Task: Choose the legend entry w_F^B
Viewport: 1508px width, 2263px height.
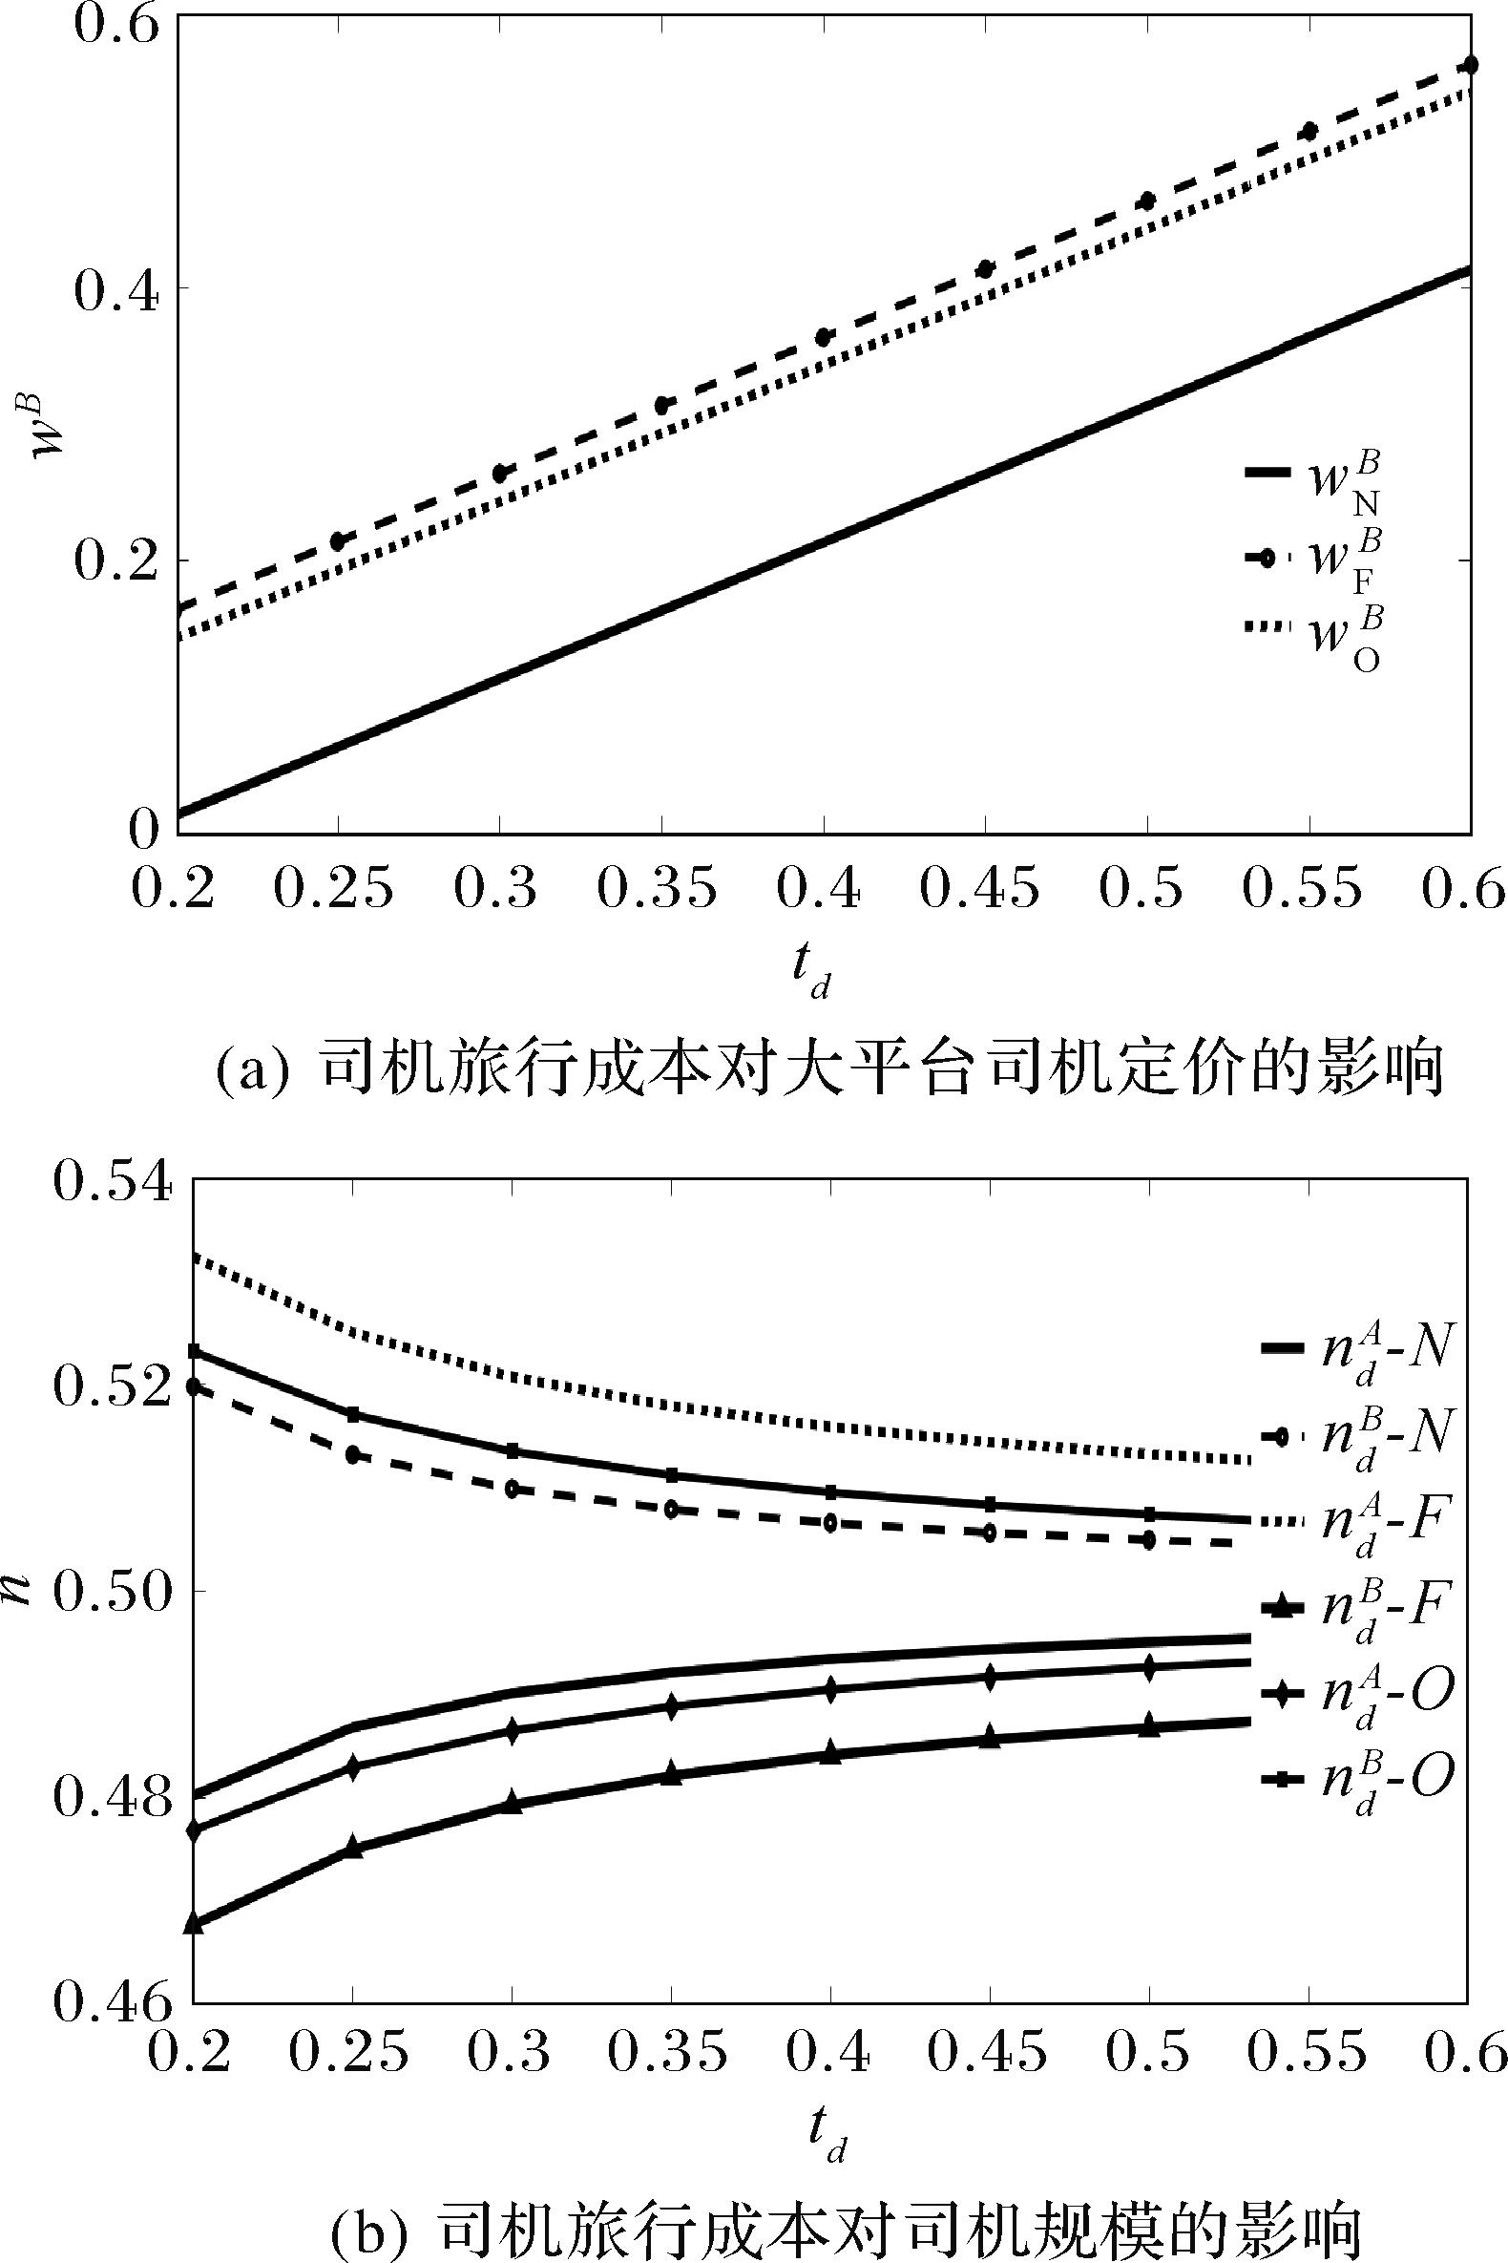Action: pos(1313,560)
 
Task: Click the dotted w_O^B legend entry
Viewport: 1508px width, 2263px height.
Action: pos(1313,636)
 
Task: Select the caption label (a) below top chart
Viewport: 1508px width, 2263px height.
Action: pos(251,1074)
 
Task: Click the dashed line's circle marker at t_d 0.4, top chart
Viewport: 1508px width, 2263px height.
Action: pos(825,337)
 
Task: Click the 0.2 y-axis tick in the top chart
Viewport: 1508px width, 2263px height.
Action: pos(113,561)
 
